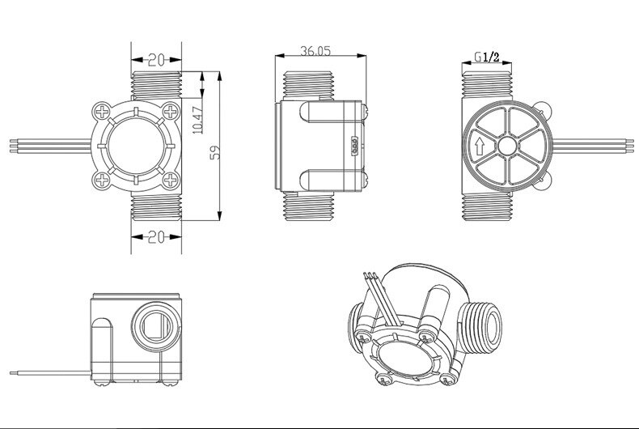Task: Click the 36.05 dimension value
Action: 317,50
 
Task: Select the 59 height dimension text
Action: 214,152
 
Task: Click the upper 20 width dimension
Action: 157,59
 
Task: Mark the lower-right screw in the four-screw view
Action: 170,180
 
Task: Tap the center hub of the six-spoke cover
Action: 508,147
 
